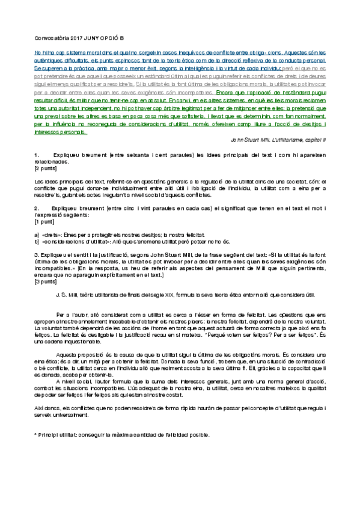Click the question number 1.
[x=37, y=155]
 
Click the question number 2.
[x=37, y=207]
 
